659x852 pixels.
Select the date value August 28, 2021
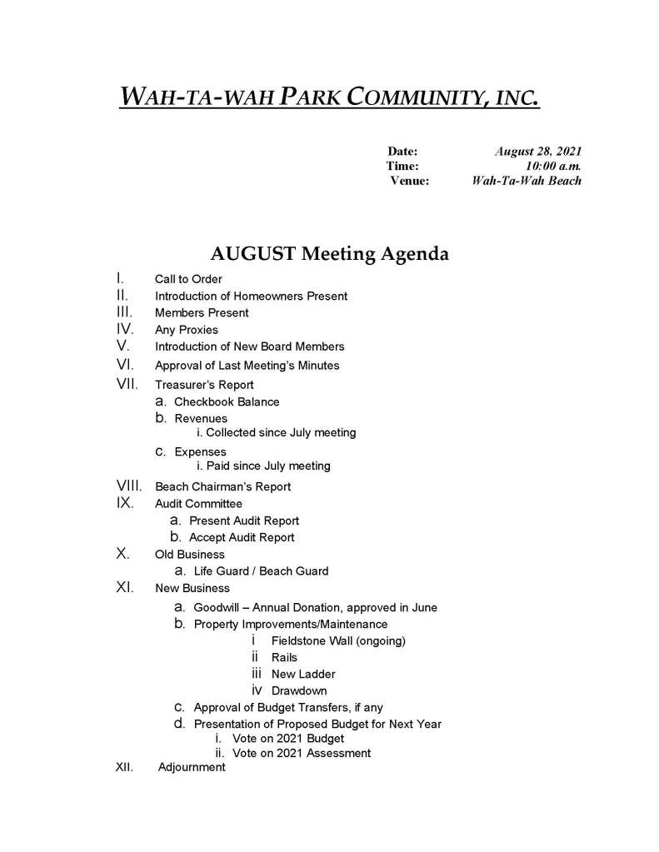[x=538, y=152]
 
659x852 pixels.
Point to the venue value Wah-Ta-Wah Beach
[x=526, y=181]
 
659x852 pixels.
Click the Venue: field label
[x=410, y=181]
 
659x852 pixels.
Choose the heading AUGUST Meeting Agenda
[x=329, y=253]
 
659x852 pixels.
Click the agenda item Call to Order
[x=188, y=279]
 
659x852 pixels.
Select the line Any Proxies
[x=187, y=330]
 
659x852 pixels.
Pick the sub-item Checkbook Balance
[x=227, y=401]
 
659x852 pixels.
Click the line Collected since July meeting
[x=276, y=432]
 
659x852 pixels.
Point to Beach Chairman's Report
[x=223, y=486]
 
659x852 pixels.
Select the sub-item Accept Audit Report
[x=242, y=537]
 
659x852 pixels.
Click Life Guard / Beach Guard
[x=261, y=571]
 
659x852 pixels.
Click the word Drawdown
[x=299, y=690]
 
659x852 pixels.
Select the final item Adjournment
[x=192, y=767]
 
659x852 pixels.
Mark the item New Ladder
[x=303, y=674]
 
